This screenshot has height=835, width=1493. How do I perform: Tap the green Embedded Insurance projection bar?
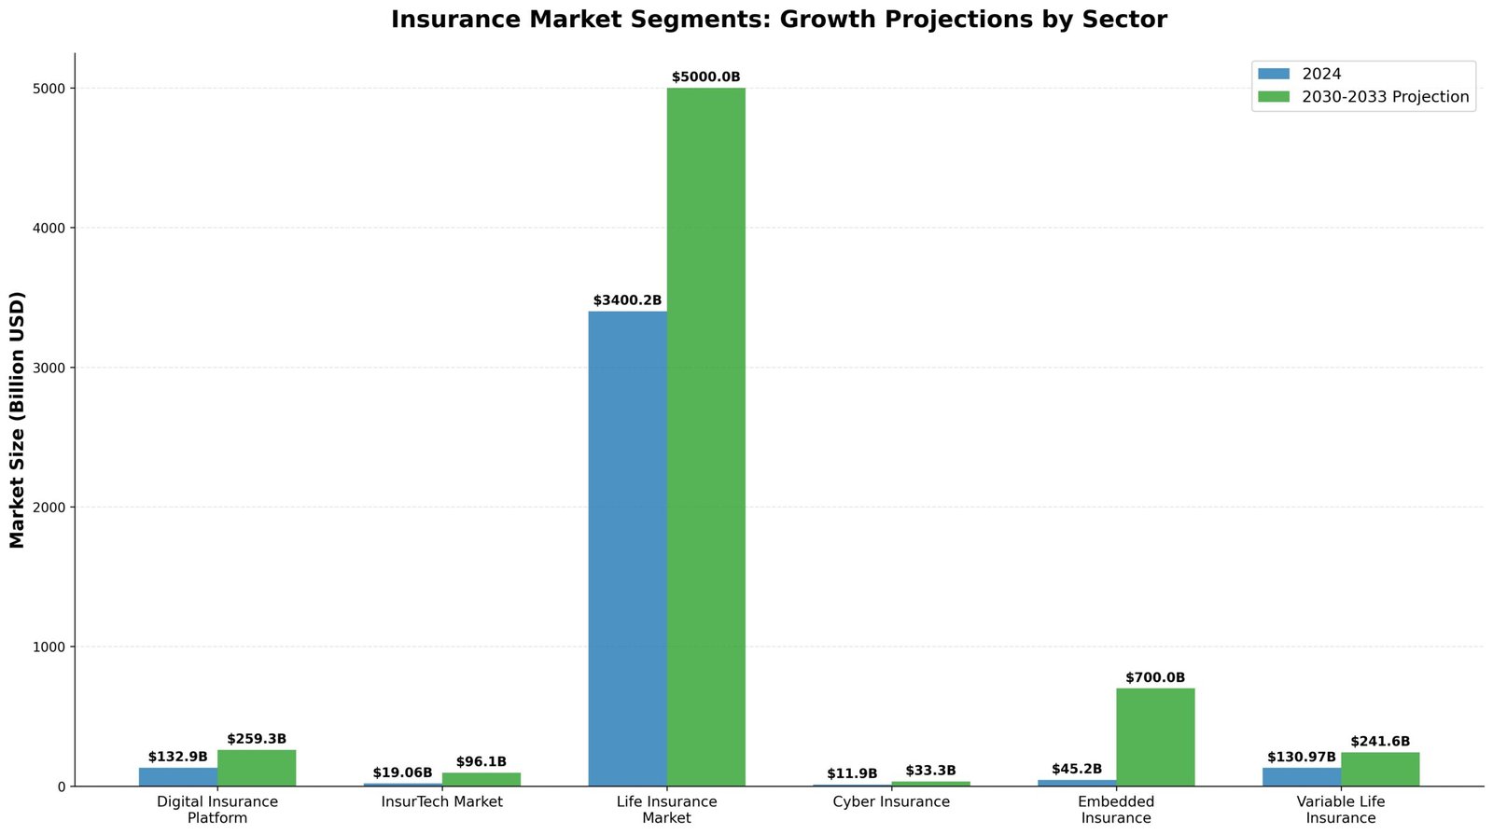click(x=1155, y=737)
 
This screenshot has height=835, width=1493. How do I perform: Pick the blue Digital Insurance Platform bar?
click(x=178, y=776)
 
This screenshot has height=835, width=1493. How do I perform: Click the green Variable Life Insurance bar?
click(x=1380, y=769)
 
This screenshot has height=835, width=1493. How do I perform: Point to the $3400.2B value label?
click(x=627, y=300)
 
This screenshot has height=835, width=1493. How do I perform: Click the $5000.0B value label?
click(x=705, y=77)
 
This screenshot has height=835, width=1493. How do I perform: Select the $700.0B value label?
click(x=1155, y=678)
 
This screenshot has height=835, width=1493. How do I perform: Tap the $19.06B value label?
click(x=402, y=772)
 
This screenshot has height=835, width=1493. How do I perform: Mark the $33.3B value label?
click(x=930, y=771)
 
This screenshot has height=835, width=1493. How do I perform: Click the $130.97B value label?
click(x=1302, y=757)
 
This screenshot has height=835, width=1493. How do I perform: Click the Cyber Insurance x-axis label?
click(x=891, y=801)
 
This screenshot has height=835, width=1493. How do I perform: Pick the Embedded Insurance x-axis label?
click(x=1116, y=810)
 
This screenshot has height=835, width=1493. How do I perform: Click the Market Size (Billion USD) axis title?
click(x=17, y=420)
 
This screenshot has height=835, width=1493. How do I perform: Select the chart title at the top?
click(x=778, y=20)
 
